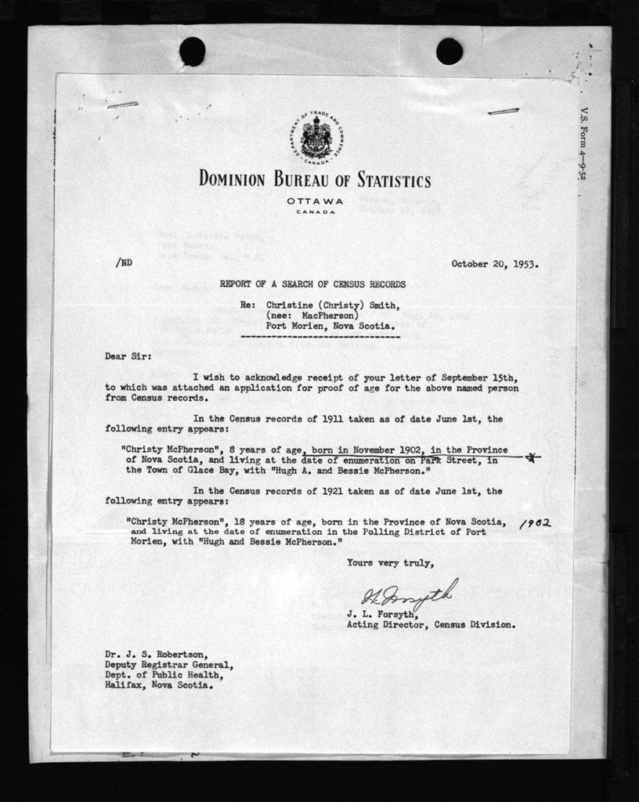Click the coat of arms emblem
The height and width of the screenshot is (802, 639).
(x=316, y=139)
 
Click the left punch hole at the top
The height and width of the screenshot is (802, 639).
(x=192, y=51)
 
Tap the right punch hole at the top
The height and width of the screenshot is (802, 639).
(x=449, y=51)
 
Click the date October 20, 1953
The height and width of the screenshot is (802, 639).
(x=494, y=264)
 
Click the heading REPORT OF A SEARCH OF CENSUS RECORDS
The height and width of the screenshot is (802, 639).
(x=312, y=284)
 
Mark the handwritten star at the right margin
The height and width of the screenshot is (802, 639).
(x=532, y=458)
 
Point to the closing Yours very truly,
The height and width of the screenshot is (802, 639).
(x=390, y=562)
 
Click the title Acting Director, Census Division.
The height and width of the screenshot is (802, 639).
(x=431, y=625)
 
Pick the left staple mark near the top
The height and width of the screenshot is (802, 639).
(x=123, y=104)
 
